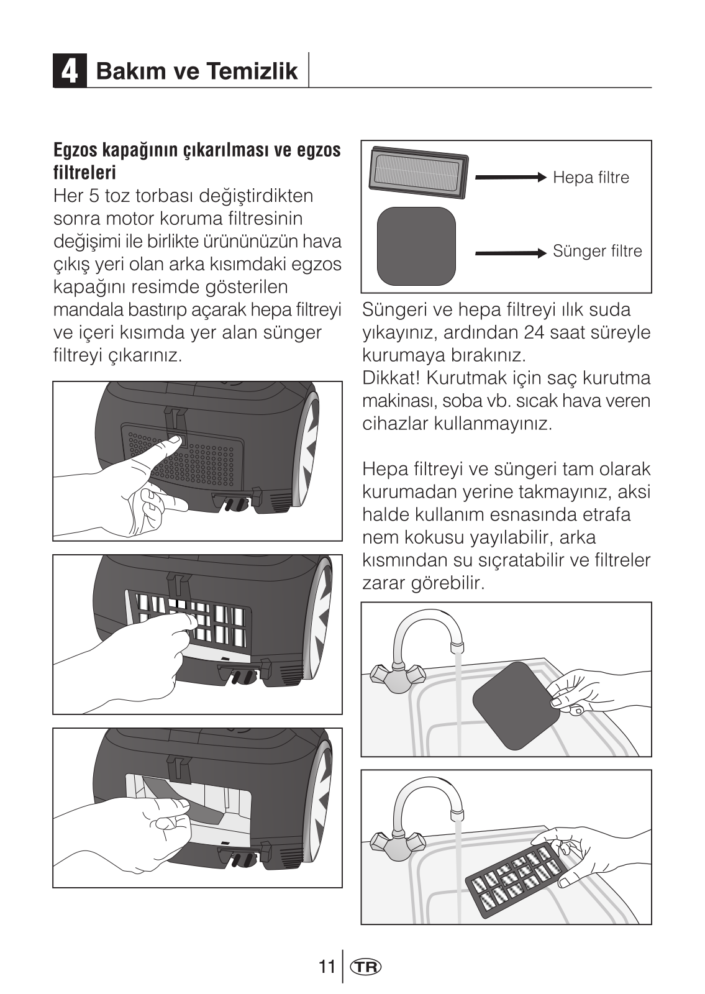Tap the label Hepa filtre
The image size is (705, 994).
[x=591, y=178]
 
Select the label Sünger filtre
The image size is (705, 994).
[x=597, y=252]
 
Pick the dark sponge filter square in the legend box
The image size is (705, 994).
[x=416, y=246]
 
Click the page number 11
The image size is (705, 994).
[x=326, y=967]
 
